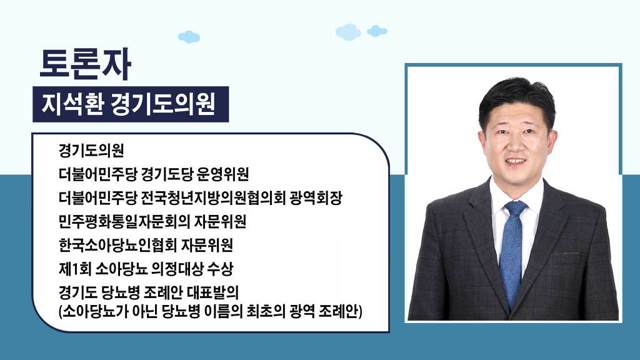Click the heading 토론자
click(x=85, y=64)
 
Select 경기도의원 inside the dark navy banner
click(x=162, y=104)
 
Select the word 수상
click(x=221, y=269)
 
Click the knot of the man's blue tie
click(x=516, y=209)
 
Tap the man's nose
click(x=516, y=144)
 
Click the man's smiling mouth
click(x=516, y=162)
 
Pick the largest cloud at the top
click(x=348, y=32)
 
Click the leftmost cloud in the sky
click(x=189, y=37)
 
